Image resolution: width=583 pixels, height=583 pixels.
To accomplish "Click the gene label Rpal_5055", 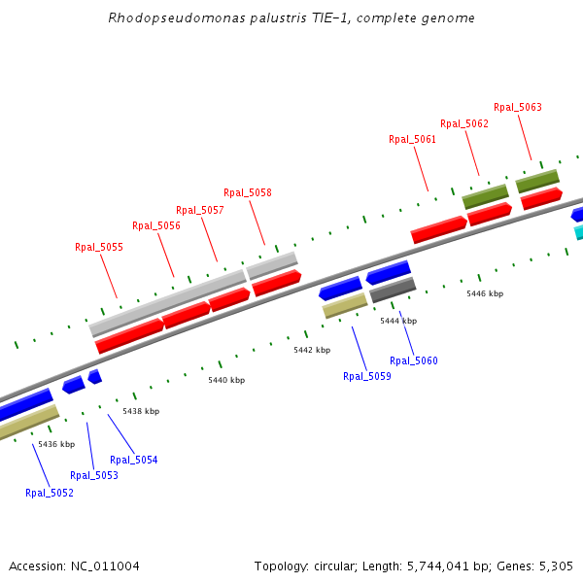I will [99, 247].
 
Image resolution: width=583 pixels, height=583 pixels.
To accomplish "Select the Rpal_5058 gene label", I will [248, 192].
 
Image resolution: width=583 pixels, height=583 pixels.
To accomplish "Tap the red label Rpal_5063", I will [518, 107].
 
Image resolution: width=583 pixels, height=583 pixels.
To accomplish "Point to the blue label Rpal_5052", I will [50, 493].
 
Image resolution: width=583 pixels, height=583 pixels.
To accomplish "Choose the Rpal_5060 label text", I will [414, 360].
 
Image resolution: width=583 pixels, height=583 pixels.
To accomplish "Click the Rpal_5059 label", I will [367, 376].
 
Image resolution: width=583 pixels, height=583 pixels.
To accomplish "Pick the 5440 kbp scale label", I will [226, 380].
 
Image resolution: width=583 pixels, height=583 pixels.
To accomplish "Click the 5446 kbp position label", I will [485, 292].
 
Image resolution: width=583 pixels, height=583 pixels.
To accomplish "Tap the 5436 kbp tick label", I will [56, 444].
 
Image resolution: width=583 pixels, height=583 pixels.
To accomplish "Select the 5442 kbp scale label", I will [312, 350].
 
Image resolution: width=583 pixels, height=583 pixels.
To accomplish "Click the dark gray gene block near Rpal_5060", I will [393, 289].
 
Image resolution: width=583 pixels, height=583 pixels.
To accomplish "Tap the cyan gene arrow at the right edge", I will [578, 232].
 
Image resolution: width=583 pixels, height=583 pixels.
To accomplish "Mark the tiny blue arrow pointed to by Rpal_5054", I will [94, 376].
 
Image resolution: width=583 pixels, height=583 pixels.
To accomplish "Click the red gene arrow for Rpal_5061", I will [438, 229].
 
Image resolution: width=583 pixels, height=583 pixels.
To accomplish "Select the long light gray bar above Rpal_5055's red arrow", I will [167, 303].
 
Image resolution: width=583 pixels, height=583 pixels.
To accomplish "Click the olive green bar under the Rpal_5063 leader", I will [537, 181].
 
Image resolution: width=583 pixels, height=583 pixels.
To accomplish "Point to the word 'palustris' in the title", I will [251, 18].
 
